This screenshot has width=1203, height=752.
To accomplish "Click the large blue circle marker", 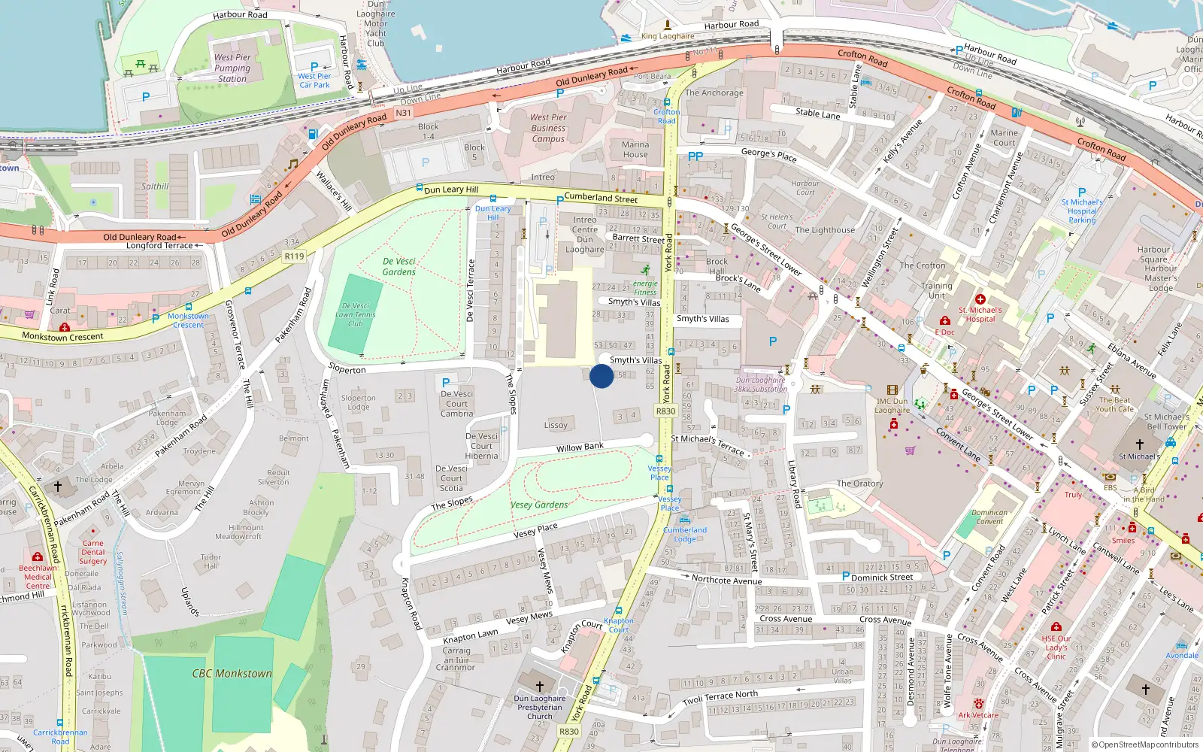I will click(601, 376).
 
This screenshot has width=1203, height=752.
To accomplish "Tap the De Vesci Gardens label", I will click(398, 267).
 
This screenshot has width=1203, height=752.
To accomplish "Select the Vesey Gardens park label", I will click(539, 505).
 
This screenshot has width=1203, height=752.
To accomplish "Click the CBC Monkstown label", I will click(232, 674).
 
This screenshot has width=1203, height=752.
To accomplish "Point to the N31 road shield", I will click(404, 114).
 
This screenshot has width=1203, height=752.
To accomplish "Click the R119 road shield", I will click(294, 256).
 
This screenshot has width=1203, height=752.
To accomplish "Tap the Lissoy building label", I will click(556, 425).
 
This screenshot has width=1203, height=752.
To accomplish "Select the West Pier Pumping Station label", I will click(232, 68).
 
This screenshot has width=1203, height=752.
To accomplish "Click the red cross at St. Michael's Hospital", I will click(980, 299).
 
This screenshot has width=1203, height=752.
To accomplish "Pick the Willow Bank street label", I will click(580, 447).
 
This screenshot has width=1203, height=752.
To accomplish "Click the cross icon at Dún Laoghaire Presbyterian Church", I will click(539, 686).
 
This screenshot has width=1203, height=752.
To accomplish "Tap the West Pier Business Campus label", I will click(548, 128).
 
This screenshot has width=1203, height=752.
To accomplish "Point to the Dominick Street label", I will click(882, 578).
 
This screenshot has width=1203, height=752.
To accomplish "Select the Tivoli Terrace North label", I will click(720, 697).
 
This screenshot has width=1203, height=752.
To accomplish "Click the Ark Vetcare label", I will click(978, 715).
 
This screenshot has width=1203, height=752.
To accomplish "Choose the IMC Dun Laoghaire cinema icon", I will click(892, 390).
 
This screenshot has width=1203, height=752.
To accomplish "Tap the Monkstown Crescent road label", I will click(62, 337).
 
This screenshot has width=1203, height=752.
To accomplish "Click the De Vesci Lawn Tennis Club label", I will click(355, 315).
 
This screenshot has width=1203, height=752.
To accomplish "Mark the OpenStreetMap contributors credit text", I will click(1145, 745).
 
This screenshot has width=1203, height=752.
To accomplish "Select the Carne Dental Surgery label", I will click(93, 552).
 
